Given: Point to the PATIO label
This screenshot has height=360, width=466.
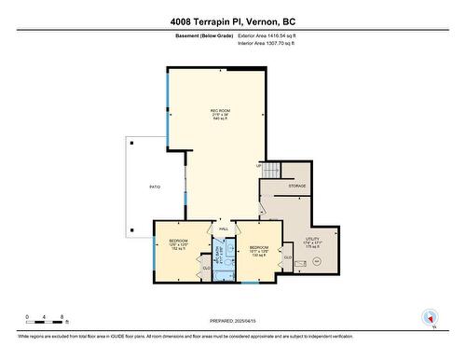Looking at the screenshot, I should click(x=154, y=187).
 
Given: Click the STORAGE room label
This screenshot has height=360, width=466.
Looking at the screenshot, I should click(x=296, y=187).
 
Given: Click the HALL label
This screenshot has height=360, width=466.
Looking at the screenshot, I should click(x=224, y=228).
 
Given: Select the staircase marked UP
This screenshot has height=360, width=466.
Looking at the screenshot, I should click(x=270, y=170).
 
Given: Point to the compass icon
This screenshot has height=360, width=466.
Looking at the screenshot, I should click(x=429, y=317).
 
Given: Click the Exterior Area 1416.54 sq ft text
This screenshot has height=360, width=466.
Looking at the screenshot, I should click(x=272, y=35).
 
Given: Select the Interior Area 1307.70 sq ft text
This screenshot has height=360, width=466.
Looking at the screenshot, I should click(x=271, y=43).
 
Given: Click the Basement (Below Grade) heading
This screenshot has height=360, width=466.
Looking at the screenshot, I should click(x=202, y=35).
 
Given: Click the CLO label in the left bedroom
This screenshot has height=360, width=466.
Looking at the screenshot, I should click(x=206, y=268).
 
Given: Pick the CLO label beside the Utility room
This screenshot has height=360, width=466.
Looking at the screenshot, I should click(x=288, y=257).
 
